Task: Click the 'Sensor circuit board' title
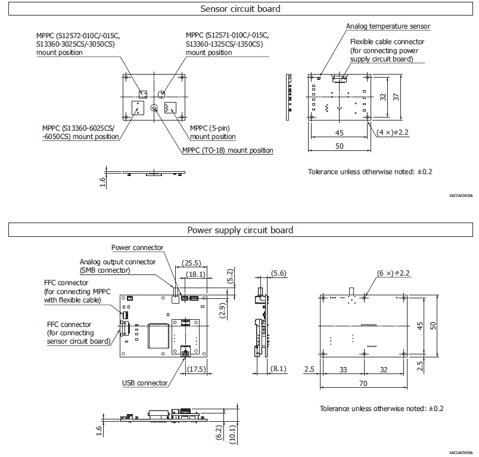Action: coord(240,9)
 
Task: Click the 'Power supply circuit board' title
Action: coord(240,230)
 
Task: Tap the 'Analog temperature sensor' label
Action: coord(388,26)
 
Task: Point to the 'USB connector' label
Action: coord(145,383)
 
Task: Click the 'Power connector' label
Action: coord(137,248)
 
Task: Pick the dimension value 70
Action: coord(363,384)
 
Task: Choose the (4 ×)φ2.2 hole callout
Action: coord(391,132)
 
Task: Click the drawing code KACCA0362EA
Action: coord(461,195)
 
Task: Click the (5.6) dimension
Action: coord(278,273)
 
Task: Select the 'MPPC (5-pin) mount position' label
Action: coord(212,132)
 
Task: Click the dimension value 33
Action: coord(343,370)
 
